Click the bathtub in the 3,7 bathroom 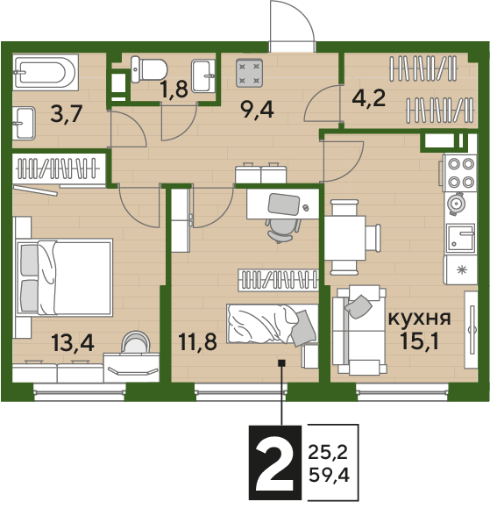[x=46, y=72]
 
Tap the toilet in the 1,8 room [x=149, y=69]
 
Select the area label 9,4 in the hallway [x=257, y=110]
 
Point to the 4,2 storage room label [x=369, y=97]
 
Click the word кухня [x=420, y=319]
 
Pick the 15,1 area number [x=420, y=341]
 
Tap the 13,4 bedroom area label [x=73, y=343]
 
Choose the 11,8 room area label [x=197, y=341]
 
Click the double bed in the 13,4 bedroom [x=64, y=277]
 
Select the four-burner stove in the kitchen [x=460, y=173]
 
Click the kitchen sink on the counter [x=460, y=238]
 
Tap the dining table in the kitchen [x=345, y=238]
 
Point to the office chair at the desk [x=282, y=230]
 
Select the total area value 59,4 [x=329, y=477]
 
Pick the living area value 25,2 [x=328, y=453]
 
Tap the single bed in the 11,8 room [x=273, y=324]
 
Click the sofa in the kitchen [x=359, y=330]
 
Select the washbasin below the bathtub [x=24, y=124]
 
